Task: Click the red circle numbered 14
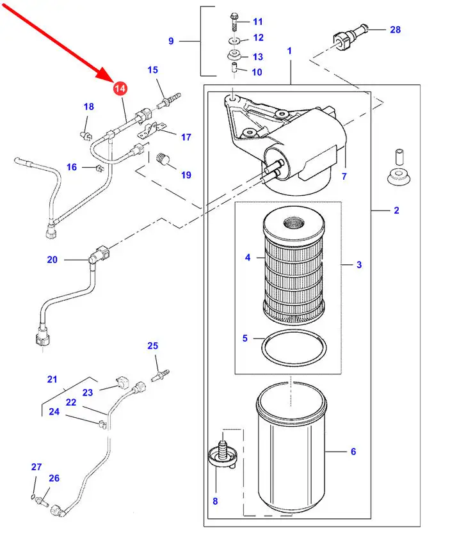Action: tap(120, 89)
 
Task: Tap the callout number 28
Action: tap(395, 29)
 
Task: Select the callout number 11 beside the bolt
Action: tap(257, 22)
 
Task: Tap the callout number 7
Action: tap(344, 176)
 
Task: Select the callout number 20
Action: tap(52, 259)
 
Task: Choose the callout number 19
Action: tap(186, 175)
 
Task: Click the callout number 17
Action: tap(186, 137)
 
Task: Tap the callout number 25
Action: tap(152, 346)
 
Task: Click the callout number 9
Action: tap(171, 41)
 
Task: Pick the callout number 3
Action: tap(358, 264)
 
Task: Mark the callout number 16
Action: tap(72, 167)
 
